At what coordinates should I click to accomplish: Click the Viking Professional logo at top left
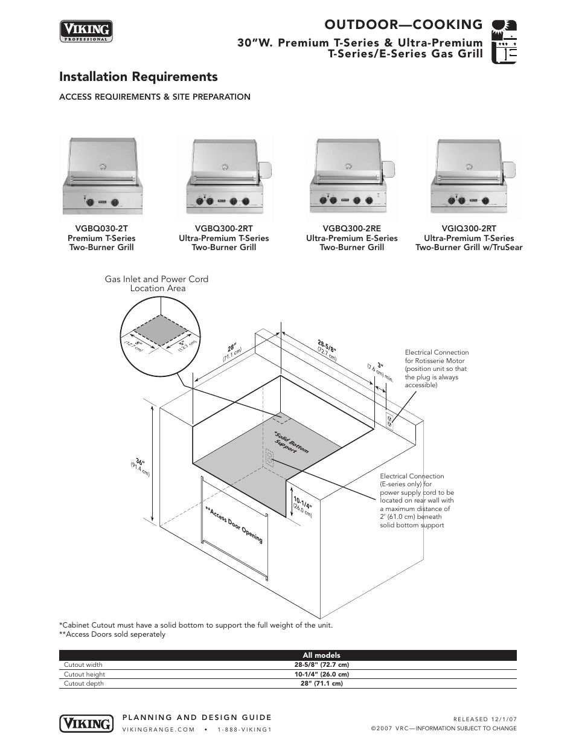(x=86, y=31)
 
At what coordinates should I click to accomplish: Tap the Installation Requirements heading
(x=138, y=77)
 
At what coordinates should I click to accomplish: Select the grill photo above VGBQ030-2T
(x=103, y=176)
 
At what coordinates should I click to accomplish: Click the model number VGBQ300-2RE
(x=351, y=229)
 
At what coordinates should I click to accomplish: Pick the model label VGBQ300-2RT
(x=223, y=229)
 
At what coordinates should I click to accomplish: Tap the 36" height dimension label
(x=140, y=461)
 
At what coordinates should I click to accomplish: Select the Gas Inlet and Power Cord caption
(x=156, y=283)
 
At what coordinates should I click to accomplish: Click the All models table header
(x=321, y=655)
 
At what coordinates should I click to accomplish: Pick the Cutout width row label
(x=83, y=665)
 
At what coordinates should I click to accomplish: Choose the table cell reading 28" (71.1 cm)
(x=321, y=684)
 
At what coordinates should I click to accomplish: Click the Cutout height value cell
(x=321, y=674)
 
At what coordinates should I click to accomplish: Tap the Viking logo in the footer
(x=86, y=723)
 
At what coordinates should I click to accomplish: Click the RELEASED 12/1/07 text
(x=485, y=719)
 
